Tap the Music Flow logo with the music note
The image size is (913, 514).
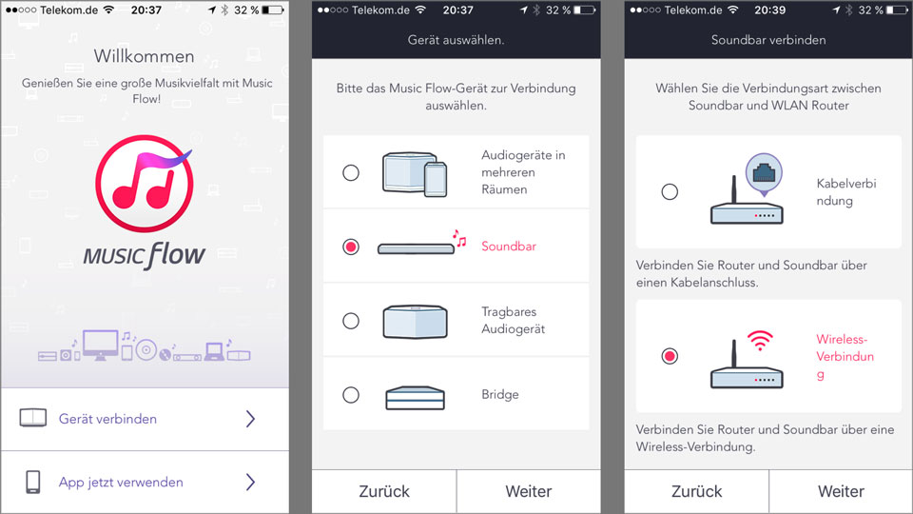pos(145,184)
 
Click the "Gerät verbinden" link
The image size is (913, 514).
pos(107,419)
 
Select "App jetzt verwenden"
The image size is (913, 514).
pos(121,482)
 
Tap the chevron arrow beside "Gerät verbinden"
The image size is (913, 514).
pos(250,419)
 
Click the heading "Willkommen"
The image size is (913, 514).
pos(144,56)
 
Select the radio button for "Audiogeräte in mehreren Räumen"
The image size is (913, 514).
pos(351,172)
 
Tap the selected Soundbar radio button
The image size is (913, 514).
pos(351,247)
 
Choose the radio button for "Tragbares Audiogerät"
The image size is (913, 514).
pos(351,321)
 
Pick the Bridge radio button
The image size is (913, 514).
pos(351,394)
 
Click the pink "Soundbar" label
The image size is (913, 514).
pos(508,246)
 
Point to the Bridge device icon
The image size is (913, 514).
pos(416,398)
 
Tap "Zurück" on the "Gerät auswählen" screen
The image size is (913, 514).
pos(384,491)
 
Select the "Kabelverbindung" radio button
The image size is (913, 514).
pos(670,191)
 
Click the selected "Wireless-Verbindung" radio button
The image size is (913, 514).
pos(670,355)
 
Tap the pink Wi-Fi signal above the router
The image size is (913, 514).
pos(760,341)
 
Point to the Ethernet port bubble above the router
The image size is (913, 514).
pos(764,173)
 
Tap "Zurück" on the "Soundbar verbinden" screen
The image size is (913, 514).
pos(696,491)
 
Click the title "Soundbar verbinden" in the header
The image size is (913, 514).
pos(768,40)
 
